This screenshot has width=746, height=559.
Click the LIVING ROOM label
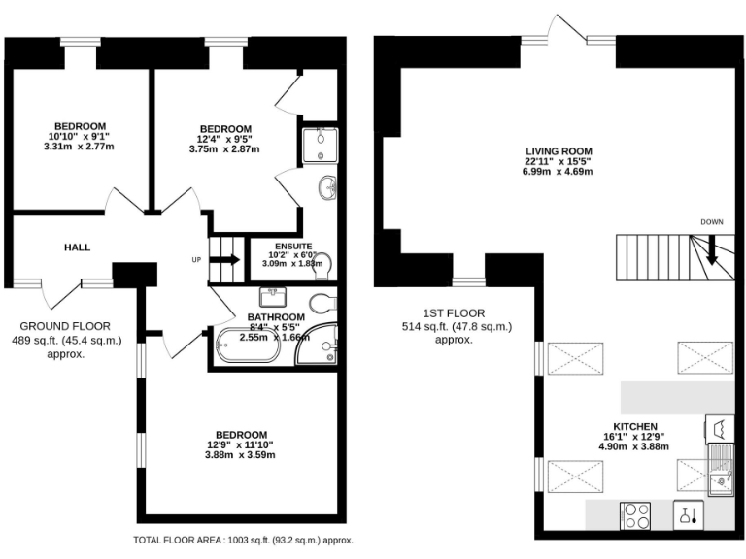click(559, 150)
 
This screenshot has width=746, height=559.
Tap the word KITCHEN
click(635, 426)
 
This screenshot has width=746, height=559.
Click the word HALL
click(78, 247)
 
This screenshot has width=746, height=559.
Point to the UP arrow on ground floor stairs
click(229, 259)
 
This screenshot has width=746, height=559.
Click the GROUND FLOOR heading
click(66, 326)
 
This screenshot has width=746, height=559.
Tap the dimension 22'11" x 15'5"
click(559, 161)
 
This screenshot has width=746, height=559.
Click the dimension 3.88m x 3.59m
click(240, 455)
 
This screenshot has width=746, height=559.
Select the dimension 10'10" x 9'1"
click(80, 137)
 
